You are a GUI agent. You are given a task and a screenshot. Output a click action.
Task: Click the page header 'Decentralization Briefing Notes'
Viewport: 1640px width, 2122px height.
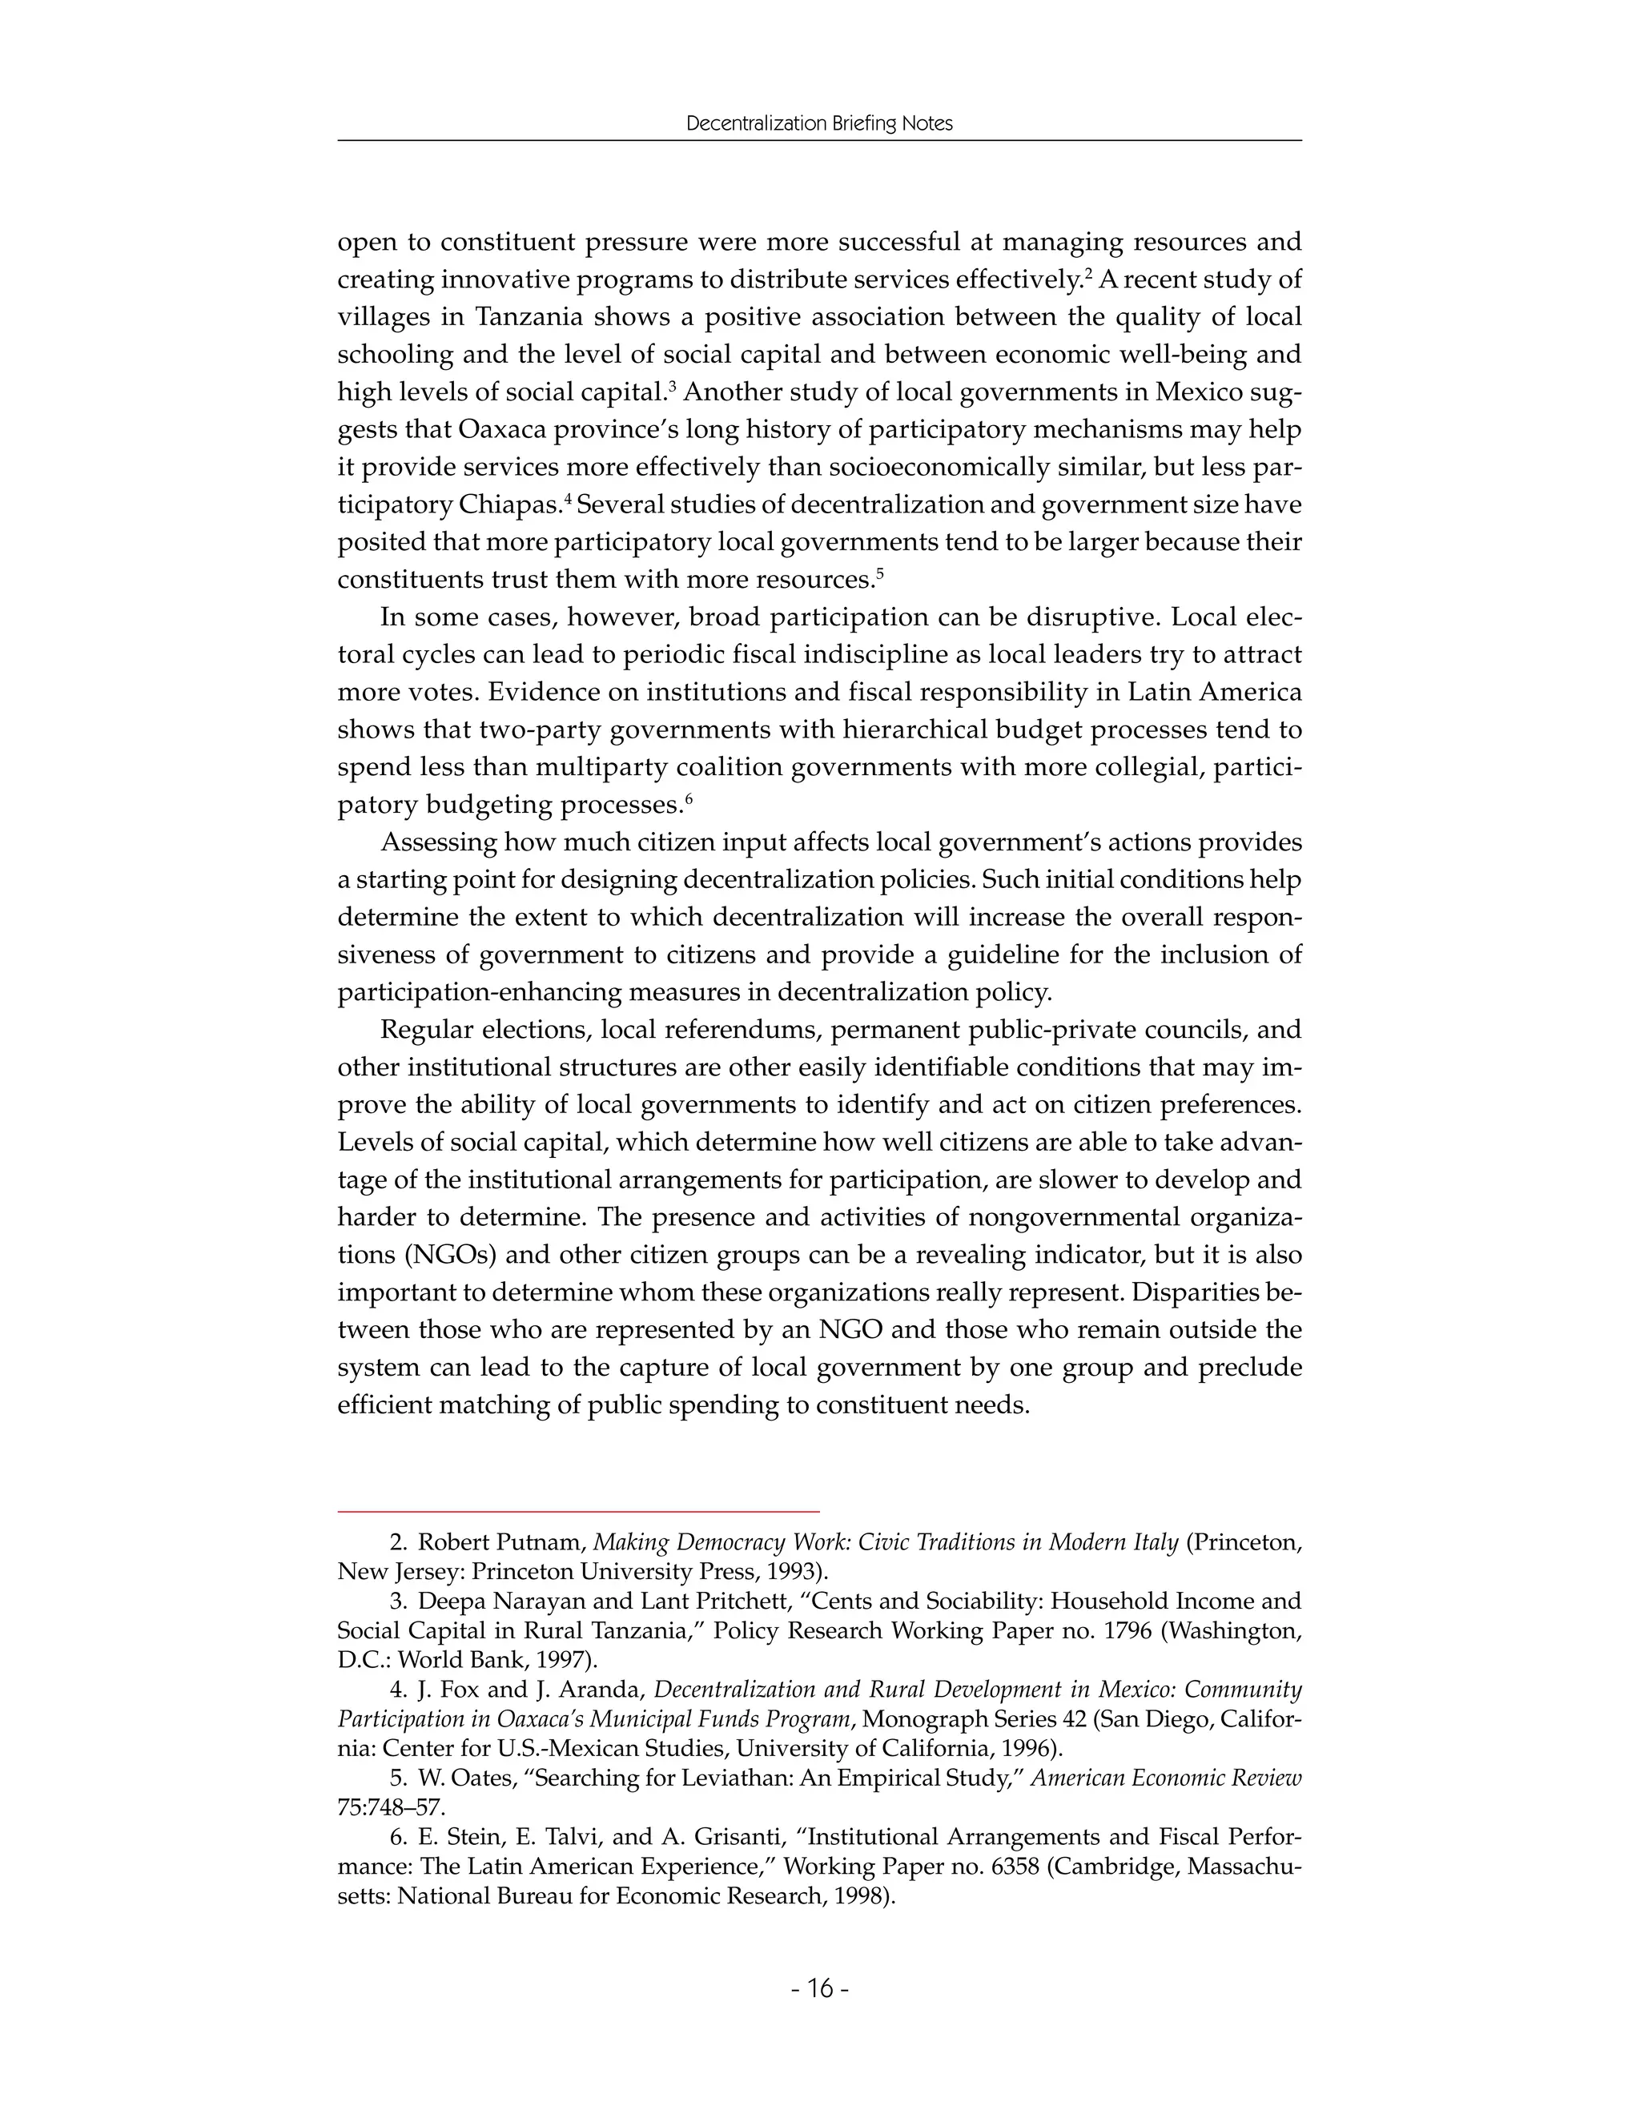coord(819,123)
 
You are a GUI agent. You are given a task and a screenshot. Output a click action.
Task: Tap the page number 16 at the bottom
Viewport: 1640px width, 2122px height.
coord(820,1988)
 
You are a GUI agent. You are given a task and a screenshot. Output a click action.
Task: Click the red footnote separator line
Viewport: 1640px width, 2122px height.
coord(578,1512)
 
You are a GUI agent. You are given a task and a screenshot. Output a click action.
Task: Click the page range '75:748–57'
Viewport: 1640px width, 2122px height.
coord(391,1808)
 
